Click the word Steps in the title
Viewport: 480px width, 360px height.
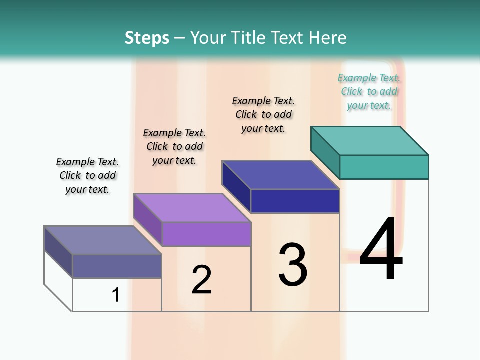[x=147, y=38]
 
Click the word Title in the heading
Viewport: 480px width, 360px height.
[x=248, y=38]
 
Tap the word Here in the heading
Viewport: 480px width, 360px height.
[x=327, y=38]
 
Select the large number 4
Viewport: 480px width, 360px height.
[x=381, y=250]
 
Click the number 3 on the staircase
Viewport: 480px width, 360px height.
[x=293, y=265]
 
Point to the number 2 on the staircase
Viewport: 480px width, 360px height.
[x=201, y=280]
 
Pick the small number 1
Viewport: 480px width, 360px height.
[x=116, y=295]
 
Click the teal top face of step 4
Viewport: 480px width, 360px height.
[x=370, y=141]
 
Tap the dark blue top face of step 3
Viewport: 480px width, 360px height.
[x=281, y=175]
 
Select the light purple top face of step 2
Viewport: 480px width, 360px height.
[x=192, y=208]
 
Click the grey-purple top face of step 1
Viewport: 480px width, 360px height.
[x=103, y=240]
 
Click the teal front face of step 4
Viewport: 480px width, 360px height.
[x=384, y=167]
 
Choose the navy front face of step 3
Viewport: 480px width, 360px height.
[x=295, y=201]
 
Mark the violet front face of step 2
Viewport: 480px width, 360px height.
[x=206, y=234]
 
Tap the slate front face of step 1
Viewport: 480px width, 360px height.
[x=117, y=266]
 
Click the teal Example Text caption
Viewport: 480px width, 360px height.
[x=369, y=91]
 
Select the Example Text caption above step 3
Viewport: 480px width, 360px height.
[x=263, y=114]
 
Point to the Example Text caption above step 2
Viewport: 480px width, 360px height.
[x=174, y=146]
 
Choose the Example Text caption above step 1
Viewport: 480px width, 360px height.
[x=87, y=175]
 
